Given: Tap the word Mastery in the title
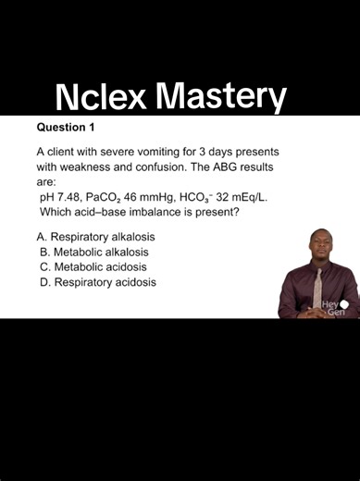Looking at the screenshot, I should pos(220,96).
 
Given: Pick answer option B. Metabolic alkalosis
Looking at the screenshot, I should pos(94,252).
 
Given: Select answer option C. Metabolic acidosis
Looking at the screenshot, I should pos(93,266).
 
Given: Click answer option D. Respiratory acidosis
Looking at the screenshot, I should pos(97,282).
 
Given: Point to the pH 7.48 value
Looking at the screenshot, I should pos(60,197).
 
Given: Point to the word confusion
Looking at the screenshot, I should pos(184,166).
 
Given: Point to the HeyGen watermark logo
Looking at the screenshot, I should pos(334,307).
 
